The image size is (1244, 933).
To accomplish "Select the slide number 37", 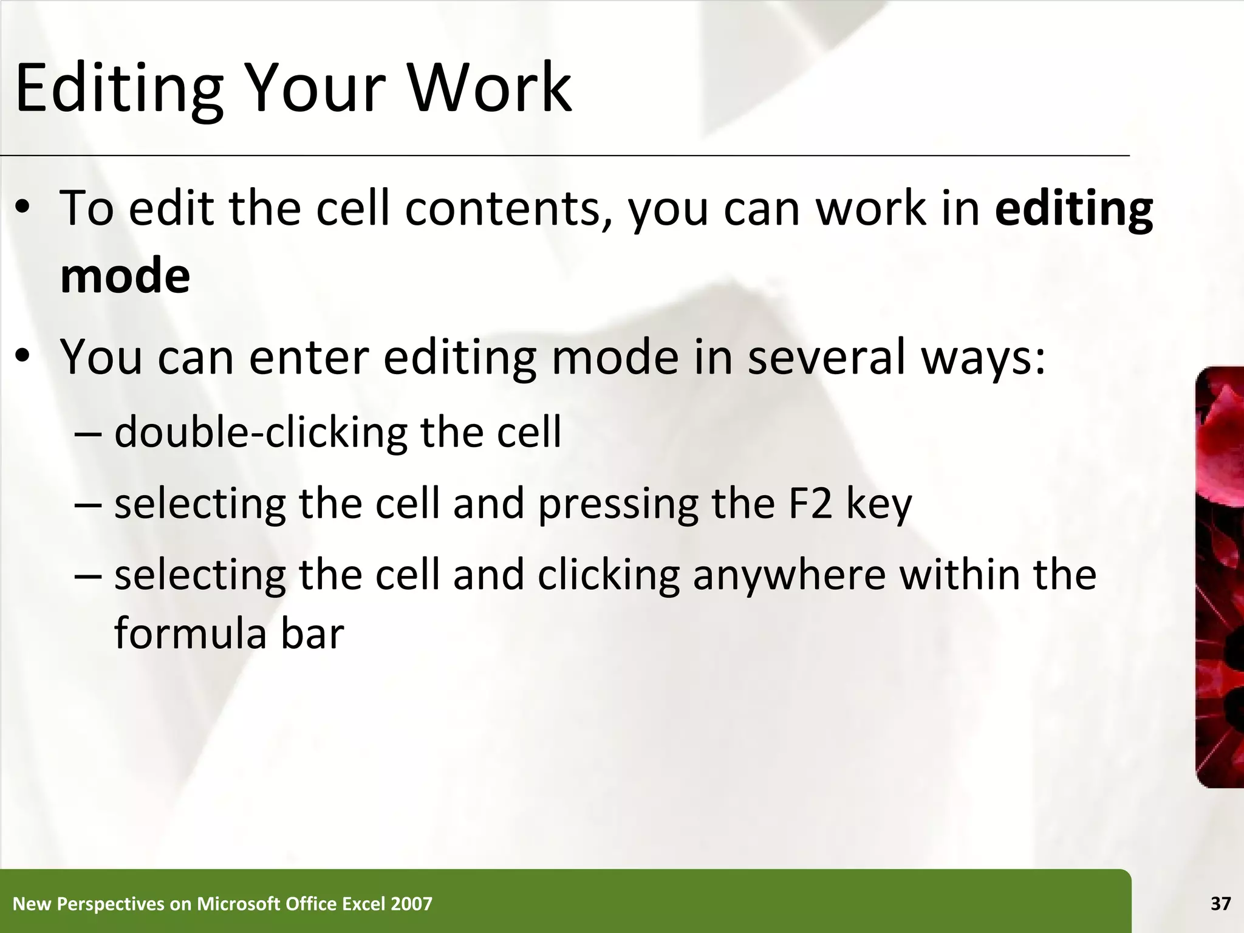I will pyautogui.click(x=1220, y=904).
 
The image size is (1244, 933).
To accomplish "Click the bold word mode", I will pyautogui.click(x=125, y=276).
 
